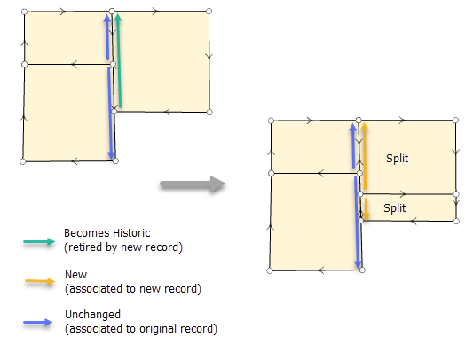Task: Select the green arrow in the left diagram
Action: point(118,62)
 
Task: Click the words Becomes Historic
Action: point(103,233)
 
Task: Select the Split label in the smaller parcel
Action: point(395,207)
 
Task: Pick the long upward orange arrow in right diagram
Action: point(364,160)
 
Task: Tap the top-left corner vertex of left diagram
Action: point(25,12)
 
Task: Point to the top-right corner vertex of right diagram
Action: point(455,121)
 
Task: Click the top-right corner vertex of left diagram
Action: point(209,12)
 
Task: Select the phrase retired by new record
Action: point(122,247)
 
